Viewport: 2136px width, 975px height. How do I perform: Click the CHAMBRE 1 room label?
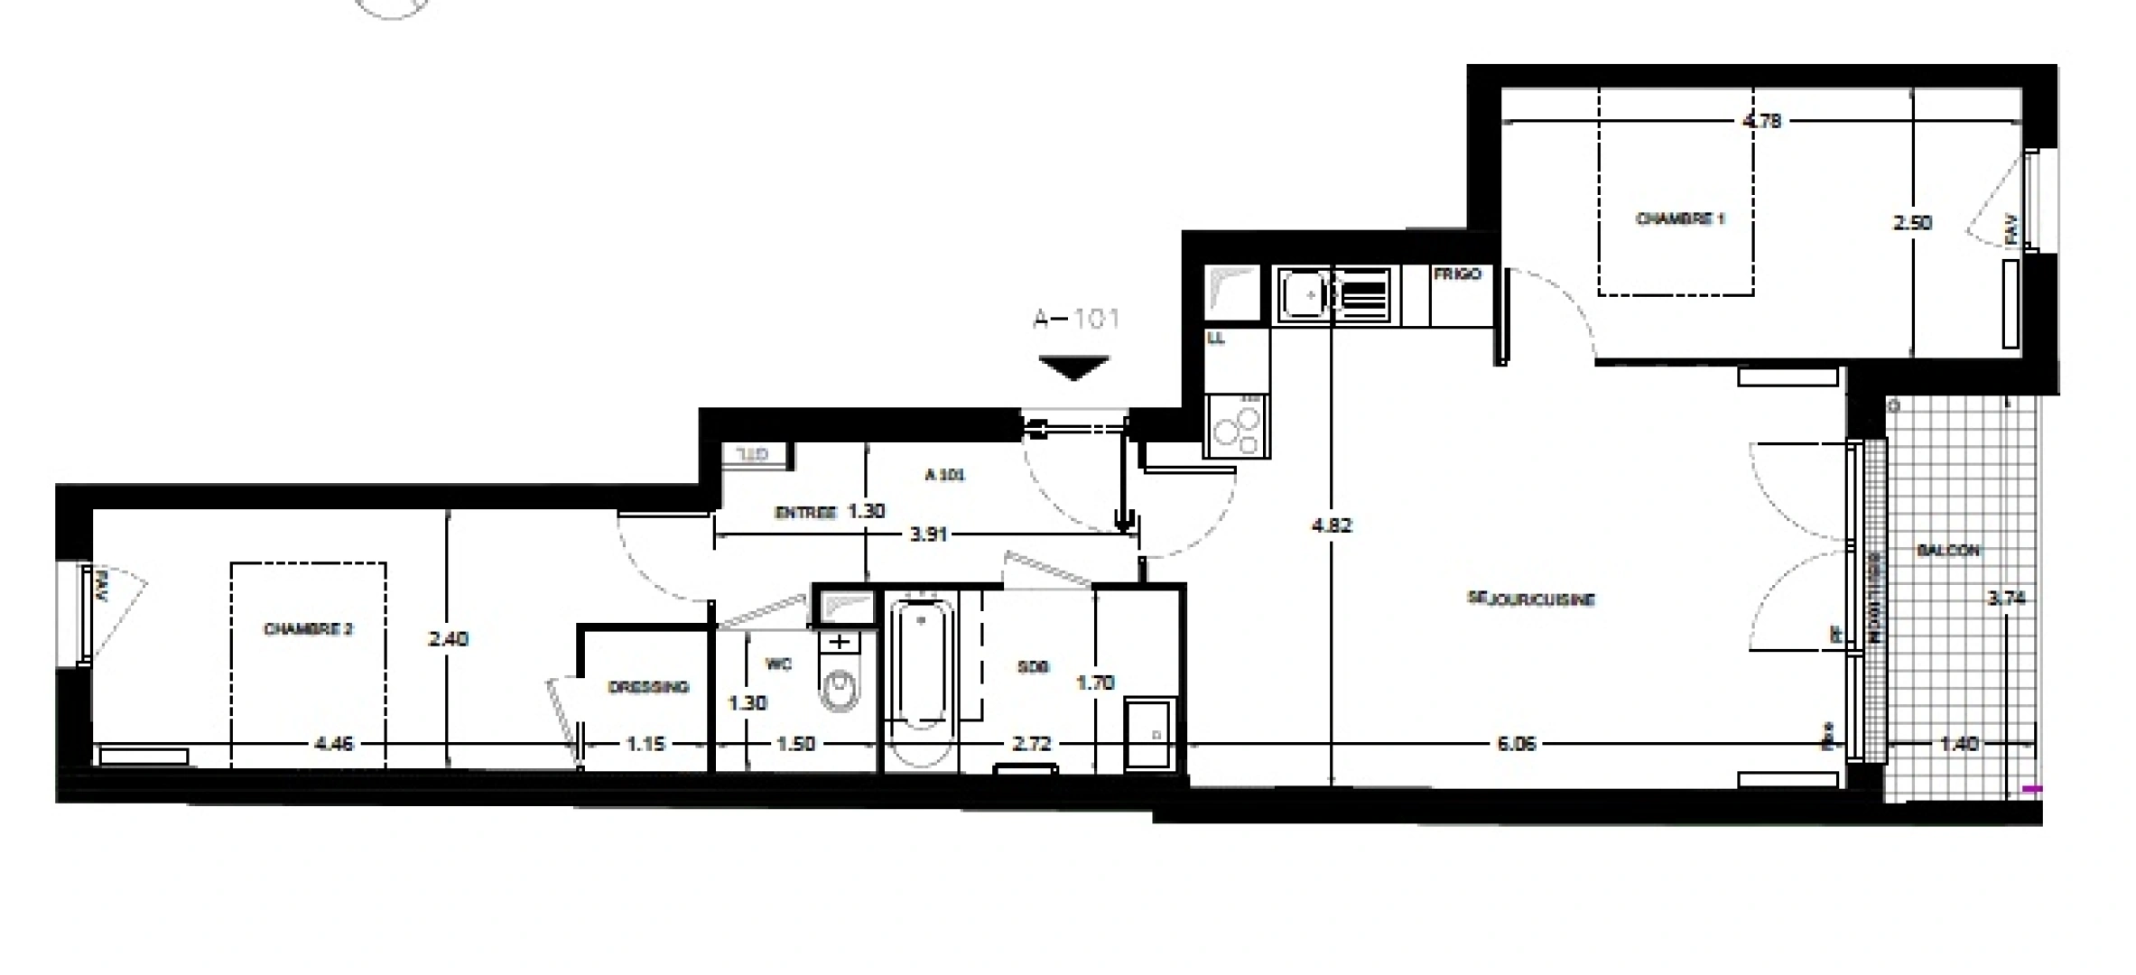click(x=1680, y=218)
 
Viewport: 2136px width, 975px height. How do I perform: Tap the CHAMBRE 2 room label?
click(x=308, y=629)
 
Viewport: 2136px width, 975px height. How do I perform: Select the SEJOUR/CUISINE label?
click(x=1531, y=599)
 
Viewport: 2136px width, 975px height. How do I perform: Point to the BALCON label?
click(x=1948, y=550)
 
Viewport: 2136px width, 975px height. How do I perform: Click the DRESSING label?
click(x=648, y=687)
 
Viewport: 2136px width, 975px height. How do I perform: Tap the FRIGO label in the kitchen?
click(x=1458, y=274)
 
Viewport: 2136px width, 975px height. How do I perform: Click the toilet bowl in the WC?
click(x=840, y=691)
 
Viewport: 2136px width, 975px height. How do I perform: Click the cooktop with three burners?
click(x=1237, y=428)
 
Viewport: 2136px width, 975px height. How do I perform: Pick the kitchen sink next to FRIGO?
click(x=1302, y=295)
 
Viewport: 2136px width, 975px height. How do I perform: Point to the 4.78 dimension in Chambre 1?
click(x=1761, y=121)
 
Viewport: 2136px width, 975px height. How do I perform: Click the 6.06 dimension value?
click(x=1516, y=745)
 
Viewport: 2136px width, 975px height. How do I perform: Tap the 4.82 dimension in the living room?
click(x=1332, y=525)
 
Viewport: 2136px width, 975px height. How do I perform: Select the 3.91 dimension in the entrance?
click(x=928, y=534)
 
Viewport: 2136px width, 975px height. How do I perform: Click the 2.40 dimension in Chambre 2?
click(x=448, y=639)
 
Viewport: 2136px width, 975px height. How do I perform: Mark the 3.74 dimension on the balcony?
click(x=2006, y=598)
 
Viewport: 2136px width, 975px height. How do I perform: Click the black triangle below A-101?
click(x=1073, y=367)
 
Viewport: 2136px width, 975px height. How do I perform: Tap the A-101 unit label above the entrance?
click(x=1076, y=319)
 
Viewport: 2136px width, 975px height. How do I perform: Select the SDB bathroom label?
click(x=1033, y=667)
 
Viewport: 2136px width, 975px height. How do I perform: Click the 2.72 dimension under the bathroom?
click(x=1032, y=745)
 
